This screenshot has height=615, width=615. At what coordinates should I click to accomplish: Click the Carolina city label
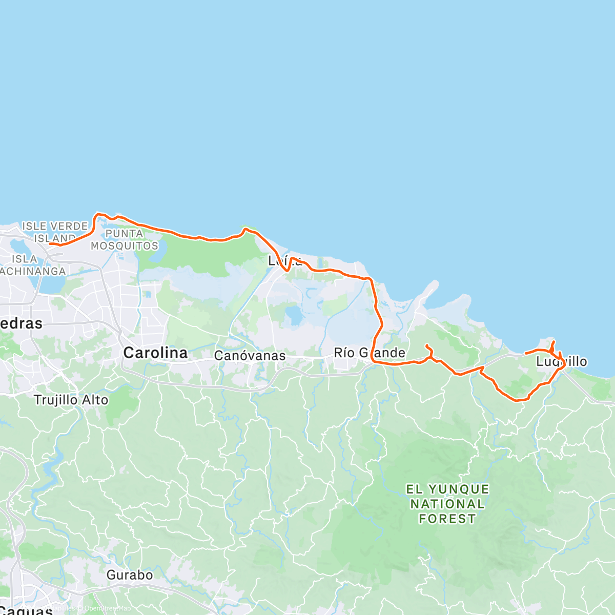coord(155,353)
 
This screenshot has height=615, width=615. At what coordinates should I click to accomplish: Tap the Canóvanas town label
coord(250,355)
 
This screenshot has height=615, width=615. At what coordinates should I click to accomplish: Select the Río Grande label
coord(369,353)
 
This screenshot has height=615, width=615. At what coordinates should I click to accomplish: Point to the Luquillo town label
coord(562,362)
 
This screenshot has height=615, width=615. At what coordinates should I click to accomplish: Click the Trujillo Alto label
coord(71,400)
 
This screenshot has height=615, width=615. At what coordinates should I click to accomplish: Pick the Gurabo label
coord(130,575)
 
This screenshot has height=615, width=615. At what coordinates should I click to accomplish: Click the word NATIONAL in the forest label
coord(447,504)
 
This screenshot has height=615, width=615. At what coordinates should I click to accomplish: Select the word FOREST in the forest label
coord(447,519)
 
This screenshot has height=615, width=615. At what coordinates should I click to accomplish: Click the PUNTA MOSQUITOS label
coord(125,239)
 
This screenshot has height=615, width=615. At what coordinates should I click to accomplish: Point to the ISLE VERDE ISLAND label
coord(55,232)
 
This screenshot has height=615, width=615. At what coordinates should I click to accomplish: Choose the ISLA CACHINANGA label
coord(31,265)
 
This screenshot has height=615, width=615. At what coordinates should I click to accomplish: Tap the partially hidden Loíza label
coord(279,261)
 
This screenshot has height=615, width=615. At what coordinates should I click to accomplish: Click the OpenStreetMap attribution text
coord(108,608)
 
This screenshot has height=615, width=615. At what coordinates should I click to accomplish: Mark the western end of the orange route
coord(50,244)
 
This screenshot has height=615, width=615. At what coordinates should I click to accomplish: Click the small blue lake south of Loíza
coord(293,315)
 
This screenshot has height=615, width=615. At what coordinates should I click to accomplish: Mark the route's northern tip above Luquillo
coord(553,341)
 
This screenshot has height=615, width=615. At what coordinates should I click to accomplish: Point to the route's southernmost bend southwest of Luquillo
coord(518,400)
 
